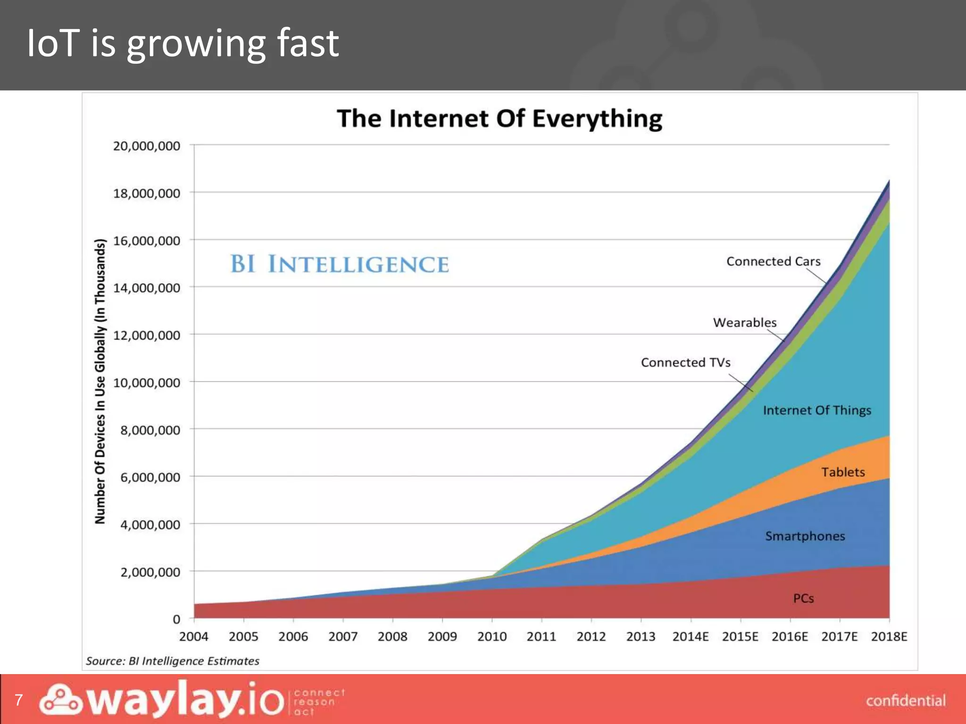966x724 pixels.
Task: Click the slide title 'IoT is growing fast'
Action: pos(183,44)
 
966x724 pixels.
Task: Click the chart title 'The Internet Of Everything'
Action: pos(500,118)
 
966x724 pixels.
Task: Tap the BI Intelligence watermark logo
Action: pos(339,264)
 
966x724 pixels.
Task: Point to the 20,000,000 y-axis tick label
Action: pos(147,146)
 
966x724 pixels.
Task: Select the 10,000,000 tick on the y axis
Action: pos(147,383)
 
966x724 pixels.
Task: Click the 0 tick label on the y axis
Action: pos(176,619)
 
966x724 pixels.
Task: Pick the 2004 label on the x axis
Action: pos(193,637)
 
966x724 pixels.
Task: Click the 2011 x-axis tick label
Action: pos(541,637)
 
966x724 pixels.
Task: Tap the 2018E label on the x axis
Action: pos(889,637)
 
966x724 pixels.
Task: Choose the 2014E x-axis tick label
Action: pos(690,637)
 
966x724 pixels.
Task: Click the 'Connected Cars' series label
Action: pos(773,262)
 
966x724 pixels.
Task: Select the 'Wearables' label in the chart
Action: pos(744,323)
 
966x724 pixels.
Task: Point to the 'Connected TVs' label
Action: pos(685,362)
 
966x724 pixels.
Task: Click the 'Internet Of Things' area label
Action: pos(817,411)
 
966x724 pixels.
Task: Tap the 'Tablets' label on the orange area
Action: pos(843,472)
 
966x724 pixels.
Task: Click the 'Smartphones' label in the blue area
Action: pos(805,536)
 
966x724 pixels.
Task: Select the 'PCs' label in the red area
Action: pos(803,599)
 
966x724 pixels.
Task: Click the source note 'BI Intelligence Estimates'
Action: pos(173,661)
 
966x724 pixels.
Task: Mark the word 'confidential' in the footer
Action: pos(905,701)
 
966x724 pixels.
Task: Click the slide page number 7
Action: pos(19,700)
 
